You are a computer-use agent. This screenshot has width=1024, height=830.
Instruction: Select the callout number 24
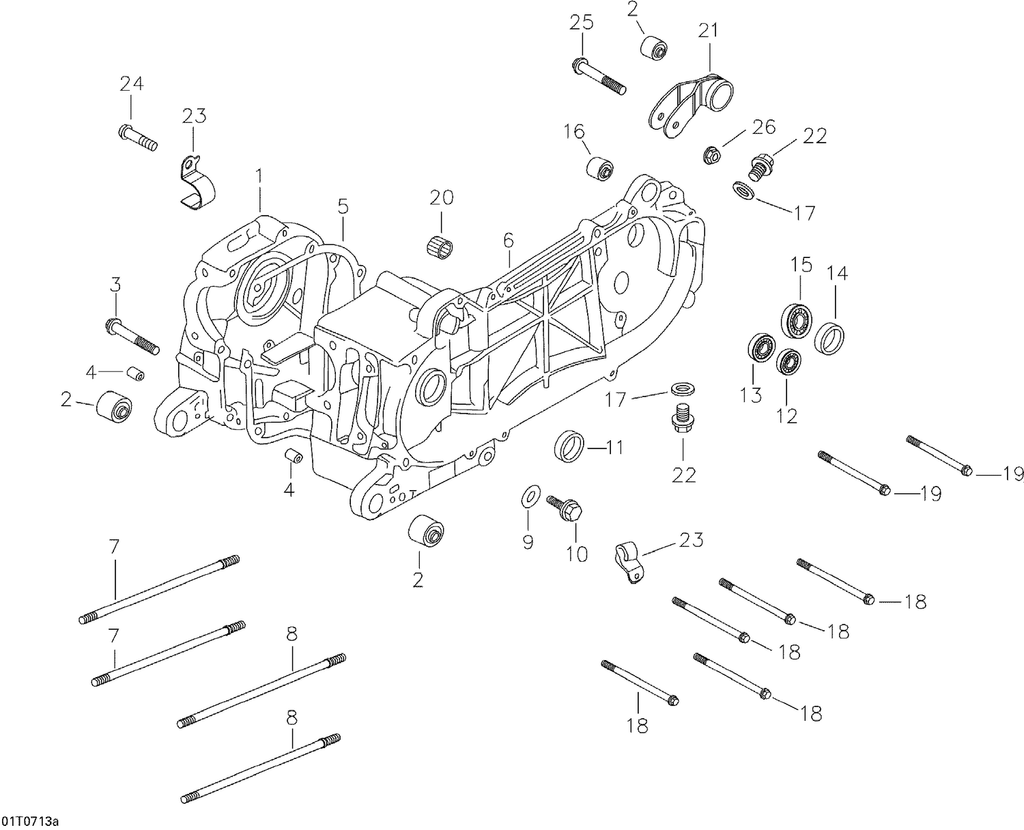pos(131,84)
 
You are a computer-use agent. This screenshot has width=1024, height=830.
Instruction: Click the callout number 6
pos(508,240)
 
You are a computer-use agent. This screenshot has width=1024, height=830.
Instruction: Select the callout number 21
pos(708,31)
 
